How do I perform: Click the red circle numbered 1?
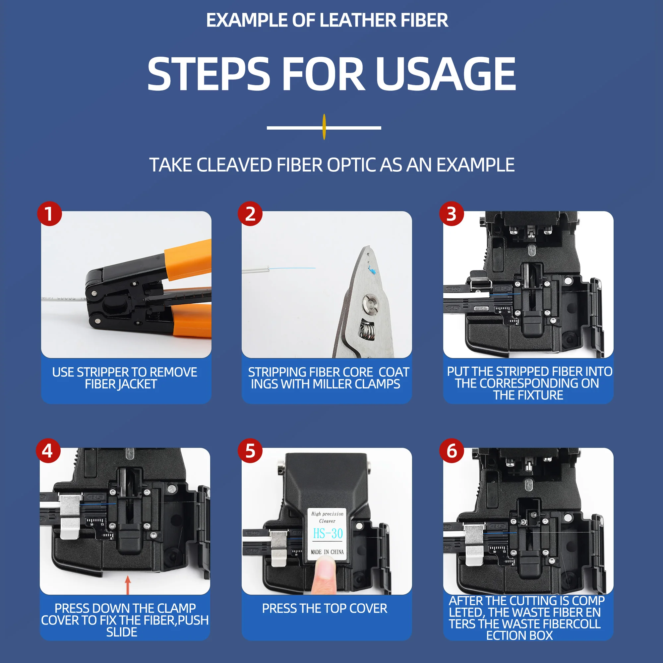coord(49,213)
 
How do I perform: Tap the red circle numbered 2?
coord(250,213)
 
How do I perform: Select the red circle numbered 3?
coord(452,213)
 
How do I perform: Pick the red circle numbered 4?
coord(48,451)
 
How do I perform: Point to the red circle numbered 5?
coord(250,451)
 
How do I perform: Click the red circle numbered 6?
coord(452,451)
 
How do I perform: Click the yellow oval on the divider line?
coord(324,127)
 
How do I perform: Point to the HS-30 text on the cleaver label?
coord(328,533)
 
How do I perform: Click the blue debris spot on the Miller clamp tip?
coord(372,271)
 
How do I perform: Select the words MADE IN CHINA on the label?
coord(327,552)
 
